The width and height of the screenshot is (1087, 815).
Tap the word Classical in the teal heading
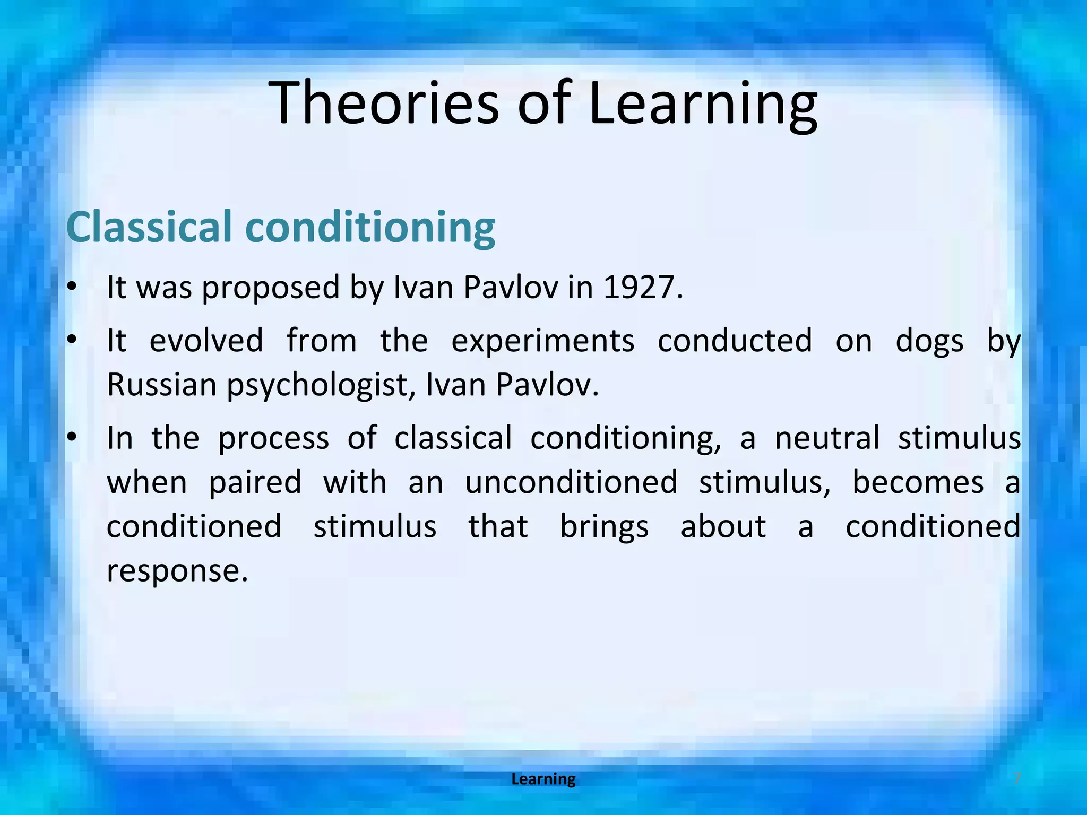(x=149, y=227)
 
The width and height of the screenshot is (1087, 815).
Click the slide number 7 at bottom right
(x=1016, y=779)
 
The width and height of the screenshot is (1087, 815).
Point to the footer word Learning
(x=543, y=779)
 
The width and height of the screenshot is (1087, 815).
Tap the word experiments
(x=542, y=341)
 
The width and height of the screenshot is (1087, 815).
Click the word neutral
(x=827, y=438)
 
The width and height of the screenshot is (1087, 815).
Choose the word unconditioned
(x=571, y=482)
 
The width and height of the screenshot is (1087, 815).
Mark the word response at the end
(x=177, y=571)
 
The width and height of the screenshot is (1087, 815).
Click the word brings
(x=604, y=527)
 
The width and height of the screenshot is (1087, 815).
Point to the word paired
(x=255, y=483)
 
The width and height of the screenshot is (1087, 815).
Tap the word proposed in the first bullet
(x=271, y=288)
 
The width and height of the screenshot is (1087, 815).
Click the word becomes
(x=918, y=482)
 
